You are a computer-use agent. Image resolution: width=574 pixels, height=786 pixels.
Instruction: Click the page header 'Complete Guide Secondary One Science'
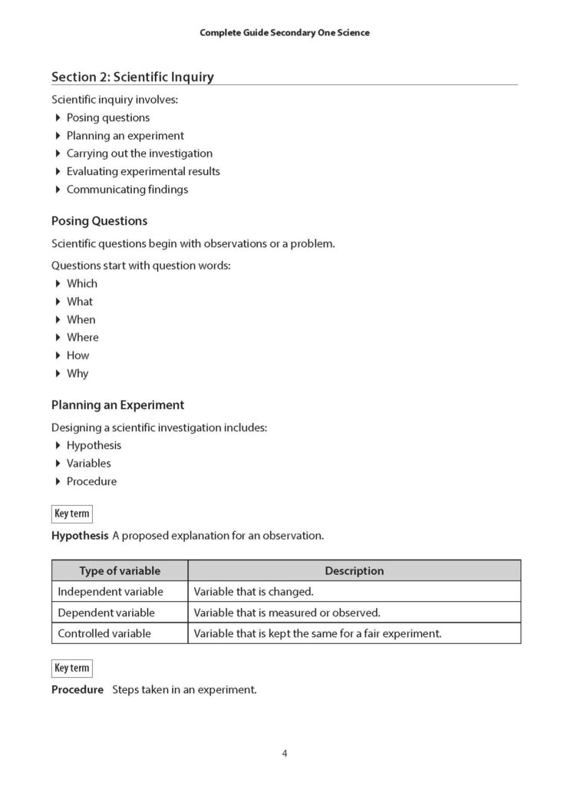[284, 33]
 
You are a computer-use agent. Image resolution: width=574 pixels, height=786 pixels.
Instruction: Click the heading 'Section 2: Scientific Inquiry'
[132, 77]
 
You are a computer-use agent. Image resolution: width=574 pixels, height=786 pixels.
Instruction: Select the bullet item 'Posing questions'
[108, 117]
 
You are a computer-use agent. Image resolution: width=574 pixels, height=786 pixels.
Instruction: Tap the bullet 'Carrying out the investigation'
[139, 154]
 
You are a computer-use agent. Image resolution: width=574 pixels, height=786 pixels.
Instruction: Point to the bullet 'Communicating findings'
[127, 190]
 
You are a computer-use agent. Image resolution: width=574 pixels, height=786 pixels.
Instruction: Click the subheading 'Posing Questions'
[99, 221]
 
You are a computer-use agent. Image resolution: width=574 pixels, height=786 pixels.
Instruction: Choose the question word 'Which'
[82, 284]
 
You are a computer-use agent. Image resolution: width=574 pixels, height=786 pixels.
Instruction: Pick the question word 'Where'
[82, 338]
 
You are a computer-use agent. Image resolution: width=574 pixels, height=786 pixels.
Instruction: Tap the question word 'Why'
[78, 374]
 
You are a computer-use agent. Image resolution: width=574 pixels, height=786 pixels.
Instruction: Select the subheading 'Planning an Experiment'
[117, 405]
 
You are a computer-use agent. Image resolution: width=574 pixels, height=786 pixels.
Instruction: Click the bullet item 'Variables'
[88, 464]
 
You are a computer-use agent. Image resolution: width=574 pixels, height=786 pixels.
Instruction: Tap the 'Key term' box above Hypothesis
[71, 514]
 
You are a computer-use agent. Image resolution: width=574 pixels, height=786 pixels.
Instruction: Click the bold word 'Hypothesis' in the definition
[80, 536]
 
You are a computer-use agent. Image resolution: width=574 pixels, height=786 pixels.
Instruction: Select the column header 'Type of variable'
[120, 571]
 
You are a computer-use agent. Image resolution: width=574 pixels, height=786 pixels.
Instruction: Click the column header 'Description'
[354, 571]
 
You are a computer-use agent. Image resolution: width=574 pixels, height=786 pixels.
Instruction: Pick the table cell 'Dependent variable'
[106, 613]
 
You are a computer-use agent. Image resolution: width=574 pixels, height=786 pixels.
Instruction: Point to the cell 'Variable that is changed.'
[254, 592]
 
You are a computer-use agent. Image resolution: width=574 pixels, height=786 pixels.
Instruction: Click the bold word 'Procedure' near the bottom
[78, 690]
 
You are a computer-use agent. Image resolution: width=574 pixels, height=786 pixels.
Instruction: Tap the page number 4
[284, 753]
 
